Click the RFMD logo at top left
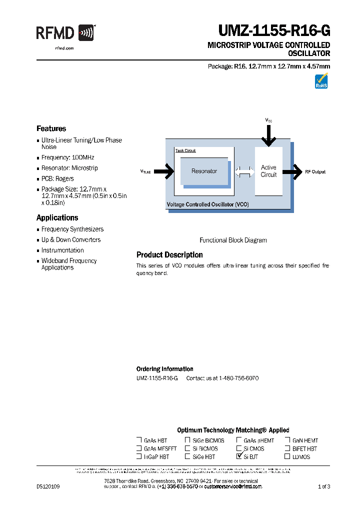(65, 33)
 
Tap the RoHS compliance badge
(321, 81)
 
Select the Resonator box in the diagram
(204, 171)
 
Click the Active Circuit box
(268, 171)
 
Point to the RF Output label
(315, 171)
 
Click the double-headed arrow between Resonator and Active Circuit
(244, 171)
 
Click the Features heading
(51, 128)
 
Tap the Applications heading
(57, 217)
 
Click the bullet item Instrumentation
(62, 250)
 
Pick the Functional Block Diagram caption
(233, 240)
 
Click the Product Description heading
(169, 255)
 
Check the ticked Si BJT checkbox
(239, 456)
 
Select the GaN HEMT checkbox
(287, 440)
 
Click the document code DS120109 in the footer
(48, 486)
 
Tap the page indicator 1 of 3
(324, 486)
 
